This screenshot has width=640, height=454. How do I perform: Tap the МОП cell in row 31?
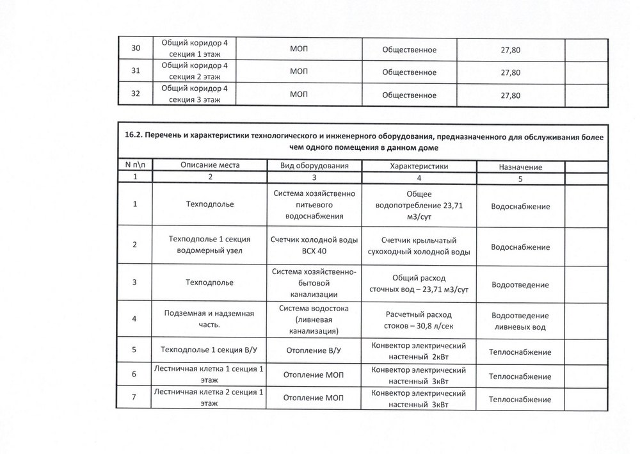pyautogui.click(x=299, y=72)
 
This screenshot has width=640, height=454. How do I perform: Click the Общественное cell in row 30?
pyautogui.click(x=409, y=49)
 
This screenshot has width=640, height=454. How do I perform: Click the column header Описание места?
pyautogui.click(x=209, y=166)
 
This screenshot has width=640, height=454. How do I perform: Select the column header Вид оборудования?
pyautogui.click(x=314, y=166)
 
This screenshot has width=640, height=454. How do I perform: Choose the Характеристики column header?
pyautogui.click(x=419, y=166)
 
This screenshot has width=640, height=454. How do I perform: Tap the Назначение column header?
pyautogui.click(x=520, y=166)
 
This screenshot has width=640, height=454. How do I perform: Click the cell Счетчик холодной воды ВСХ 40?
pyautogui.click(x=314, y=246)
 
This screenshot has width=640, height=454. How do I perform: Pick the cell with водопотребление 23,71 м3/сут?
pyautogui.click(x=419, y=206)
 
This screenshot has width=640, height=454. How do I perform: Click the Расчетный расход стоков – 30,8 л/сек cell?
pyautogui.click(x=419, y=319)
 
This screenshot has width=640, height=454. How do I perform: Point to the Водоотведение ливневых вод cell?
pyautogui.click(x=520, y=321)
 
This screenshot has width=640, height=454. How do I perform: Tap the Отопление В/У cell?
pyautogui.click(x=314, y=351)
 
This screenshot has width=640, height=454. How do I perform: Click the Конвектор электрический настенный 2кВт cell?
pyautogui.click(x=419, y=350)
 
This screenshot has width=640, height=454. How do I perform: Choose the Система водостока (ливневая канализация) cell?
pyautogui.click(x=314, y=319)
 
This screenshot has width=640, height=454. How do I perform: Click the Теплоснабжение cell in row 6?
pyautogui.click(x=520, y=375)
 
